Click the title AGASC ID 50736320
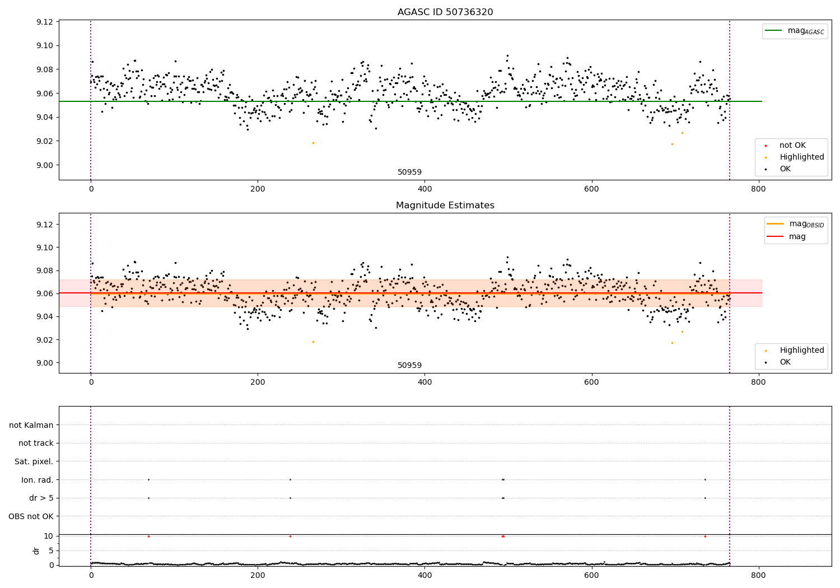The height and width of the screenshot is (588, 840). (445, 12)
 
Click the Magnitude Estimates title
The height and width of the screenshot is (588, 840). (445, 205)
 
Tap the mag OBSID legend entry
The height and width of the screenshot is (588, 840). (795, 224)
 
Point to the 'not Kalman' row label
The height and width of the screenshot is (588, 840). (31, 425)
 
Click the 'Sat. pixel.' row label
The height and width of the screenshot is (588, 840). (34, 461)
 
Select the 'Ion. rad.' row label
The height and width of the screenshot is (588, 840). (37, 480)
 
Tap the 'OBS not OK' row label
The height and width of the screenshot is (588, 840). (31, 516)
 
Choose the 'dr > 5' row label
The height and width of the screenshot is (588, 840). (41, 498)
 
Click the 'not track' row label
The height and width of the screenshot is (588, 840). (36, 444)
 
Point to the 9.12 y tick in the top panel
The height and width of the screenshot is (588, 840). (45, 22)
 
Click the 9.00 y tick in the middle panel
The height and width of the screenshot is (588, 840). (45, 363)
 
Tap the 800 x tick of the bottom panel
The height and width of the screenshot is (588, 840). (758, 575)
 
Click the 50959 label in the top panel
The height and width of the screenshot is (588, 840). (409, 172)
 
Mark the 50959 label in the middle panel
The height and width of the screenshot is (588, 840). (409, 365)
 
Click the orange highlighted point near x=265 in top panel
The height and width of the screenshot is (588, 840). (313, 143)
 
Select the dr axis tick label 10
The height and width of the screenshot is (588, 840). (48, 536)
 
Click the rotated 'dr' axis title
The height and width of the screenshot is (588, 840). (36, 551)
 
